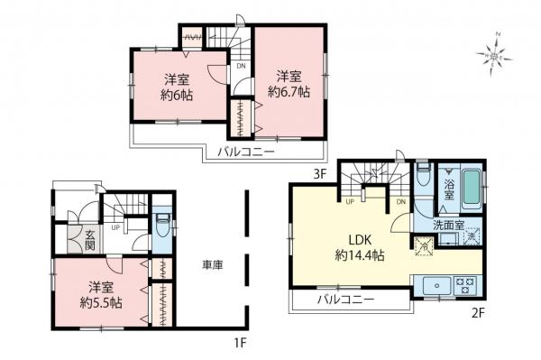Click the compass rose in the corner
coord(493,55)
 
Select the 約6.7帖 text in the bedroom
coord(288,91)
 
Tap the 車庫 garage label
coord(212,265)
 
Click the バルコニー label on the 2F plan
coord(349,300)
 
